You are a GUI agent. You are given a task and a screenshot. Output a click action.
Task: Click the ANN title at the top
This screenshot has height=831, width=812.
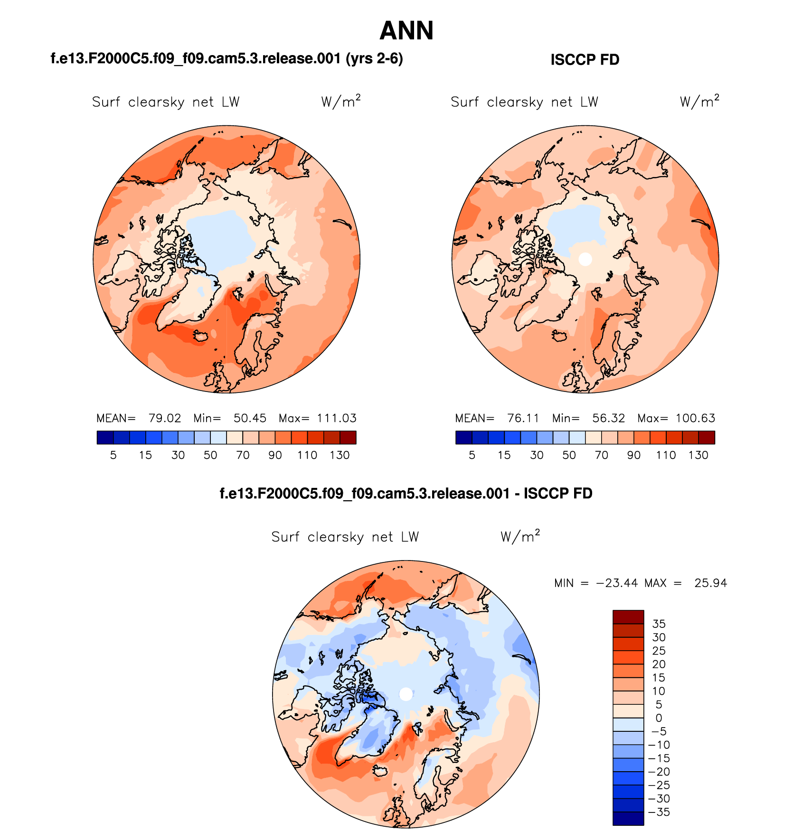point(406,31)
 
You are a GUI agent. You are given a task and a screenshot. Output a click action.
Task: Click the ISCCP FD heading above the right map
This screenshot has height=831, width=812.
point(585,60)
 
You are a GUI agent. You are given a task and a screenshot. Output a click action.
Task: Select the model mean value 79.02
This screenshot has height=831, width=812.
point(164,418)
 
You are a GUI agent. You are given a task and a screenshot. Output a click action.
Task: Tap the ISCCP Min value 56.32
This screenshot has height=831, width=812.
point(608,418)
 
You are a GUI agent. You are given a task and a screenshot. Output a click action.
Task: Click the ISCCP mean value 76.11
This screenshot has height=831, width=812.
point(523,418)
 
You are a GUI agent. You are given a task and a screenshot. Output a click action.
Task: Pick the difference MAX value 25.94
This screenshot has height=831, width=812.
point(710,583)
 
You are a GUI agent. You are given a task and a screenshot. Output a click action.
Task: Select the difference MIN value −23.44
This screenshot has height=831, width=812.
point(616,583)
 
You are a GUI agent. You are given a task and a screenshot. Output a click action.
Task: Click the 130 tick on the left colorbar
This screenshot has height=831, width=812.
point(340,455)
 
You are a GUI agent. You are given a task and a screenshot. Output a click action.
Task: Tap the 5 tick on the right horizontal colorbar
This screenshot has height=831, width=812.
point(472,455)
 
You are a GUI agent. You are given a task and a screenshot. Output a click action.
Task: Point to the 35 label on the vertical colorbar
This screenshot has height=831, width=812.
point(659,624)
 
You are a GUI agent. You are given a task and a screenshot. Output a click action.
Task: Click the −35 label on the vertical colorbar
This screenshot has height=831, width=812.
point(659,812)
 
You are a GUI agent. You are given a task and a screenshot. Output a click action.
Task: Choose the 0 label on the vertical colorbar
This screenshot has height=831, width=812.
point(659,718)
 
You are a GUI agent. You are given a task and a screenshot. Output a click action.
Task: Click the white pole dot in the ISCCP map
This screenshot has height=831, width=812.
point(585,259)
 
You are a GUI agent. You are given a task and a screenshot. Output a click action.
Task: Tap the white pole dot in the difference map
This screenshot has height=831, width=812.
point(406,694)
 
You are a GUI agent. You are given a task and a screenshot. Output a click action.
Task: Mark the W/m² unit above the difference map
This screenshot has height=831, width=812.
point(520,536)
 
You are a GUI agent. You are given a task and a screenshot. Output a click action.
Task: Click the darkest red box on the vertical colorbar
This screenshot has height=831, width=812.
point(628,617)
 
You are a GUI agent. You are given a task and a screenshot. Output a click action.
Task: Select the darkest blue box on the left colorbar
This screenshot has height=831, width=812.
point(105,438)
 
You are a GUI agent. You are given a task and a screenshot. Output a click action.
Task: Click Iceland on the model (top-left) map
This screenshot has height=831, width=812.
point(201,336)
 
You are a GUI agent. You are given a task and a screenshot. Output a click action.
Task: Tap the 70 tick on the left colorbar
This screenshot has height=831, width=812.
point(243,455)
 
